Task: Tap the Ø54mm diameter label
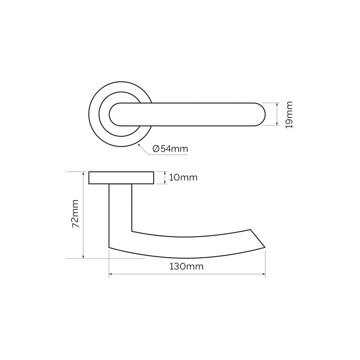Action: tap(170, 149)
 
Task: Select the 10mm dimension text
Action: tap(183, 178)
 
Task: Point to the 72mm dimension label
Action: tap(75, 214)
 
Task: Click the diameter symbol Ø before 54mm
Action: tap(156, 149)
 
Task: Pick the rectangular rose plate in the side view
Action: tap(121, 178)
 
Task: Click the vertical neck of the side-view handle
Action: tap(120, 211)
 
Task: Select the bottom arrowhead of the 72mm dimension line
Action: tap(83, 257)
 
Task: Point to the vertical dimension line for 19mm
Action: tap(277, 114)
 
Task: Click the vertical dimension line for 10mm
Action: tap(164, 178)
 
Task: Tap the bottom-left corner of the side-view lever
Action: tap(110, 247)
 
